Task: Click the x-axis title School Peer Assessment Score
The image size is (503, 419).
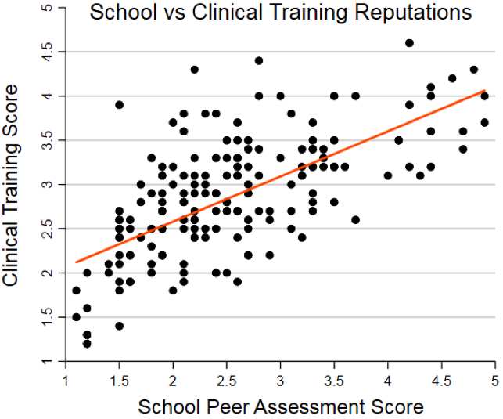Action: (280, 406)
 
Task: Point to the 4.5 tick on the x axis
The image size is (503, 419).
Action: (441, 380)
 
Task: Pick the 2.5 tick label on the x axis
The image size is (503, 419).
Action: (226, 380)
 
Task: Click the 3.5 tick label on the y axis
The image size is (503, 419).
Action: (49, 140)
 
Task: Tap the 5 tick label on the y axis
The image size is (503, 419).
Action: (49, 8)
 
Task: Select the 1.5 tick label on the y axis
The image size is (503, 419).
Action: (49, 317)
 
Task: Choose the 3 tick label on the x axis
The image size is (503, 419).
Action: (280, 380)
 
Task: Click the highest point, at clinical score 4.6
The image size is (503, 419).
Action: (409, 43)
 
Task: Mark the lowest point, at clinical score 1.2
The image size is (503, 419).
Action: (87, 343)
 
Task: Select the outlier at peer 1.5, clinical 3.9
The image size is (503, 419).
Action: (119, 105)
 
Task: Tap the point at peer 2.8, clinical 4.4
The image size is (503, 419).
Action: (259, 60)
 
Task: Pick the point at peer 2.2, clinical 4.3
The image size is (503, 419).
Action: (195, 70)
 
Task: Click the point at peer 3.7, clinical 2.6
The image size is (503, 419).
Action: (355, 220)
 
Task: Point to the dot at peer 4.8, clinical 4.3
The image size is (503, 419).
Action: (473, 70)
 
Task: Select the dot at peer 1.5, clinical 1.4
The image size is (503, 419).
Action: (119, 326)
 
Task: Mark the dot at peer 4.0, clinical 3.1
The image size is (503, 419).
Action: (388, 175)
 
